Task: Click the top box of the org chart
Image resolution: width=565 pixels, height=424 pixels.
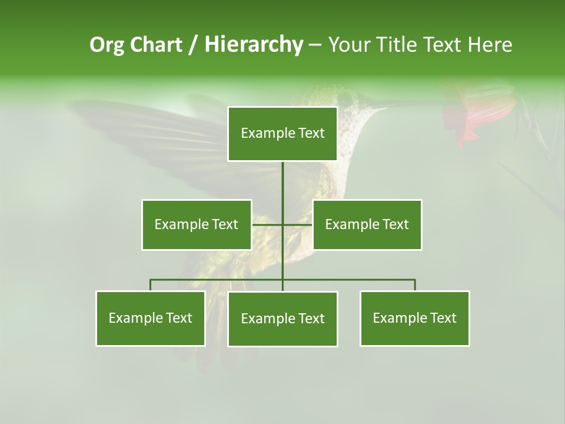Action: [x=282, y=134]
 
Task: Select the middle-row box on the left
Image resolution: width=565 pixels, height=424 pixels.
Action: [x=197, y=224]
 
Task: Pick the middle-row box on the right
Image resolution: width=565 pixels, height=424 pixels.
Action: [x=367, y=224]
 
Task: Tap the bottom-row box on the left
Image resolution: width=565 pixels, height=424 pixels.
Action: [x=151, y=318]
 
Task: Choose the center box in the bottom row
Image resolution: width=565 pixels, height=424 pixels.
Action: [x=282, y=319]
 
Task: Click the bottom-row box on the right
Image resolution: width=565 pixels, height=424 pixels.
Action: [x=414, y=318]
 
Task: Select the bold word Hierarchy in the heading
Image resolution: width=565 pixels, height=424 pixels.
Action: [x=254, y=45]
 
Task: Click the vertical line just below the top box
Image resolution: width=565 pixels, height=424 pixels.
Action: [x=282, y=177]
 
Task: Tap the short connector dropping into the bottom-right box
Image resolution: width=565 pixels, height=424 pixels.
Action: [x=414, y=285]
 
